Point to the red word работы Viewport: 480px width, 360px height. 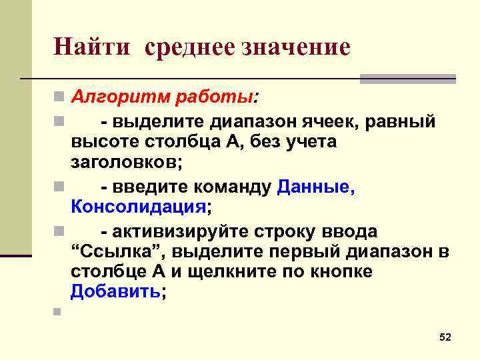click(213, 98)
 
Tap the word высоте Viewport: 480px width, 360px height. click(101, 142)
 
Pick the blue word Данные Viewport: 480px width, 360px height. click(315, 187)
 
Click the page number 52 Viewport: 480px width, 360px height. click(445, 338)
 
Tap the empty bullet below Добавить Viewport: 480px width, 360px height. click(58, 311)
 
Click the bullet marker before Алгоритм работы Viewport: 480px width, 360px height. click(58, 99)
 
